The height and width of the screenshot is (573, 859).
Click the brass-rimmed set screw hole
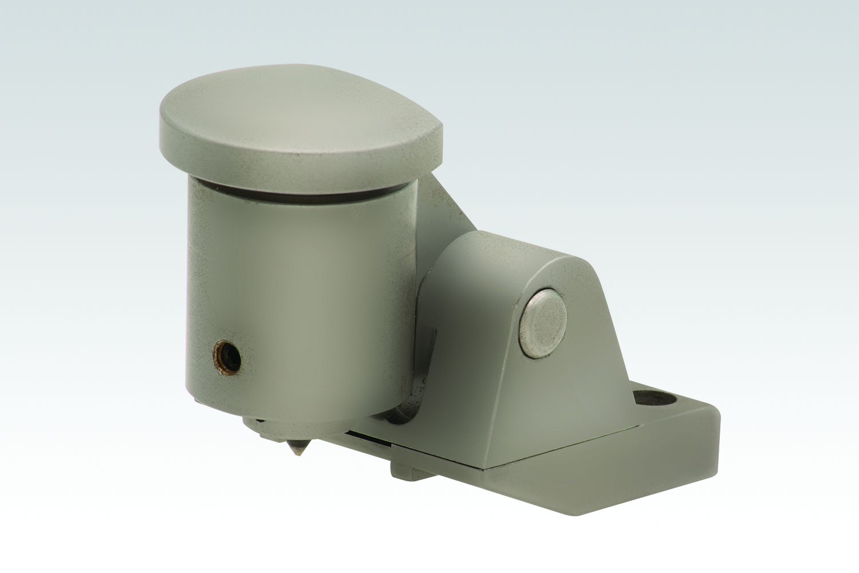click(226, 358)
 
